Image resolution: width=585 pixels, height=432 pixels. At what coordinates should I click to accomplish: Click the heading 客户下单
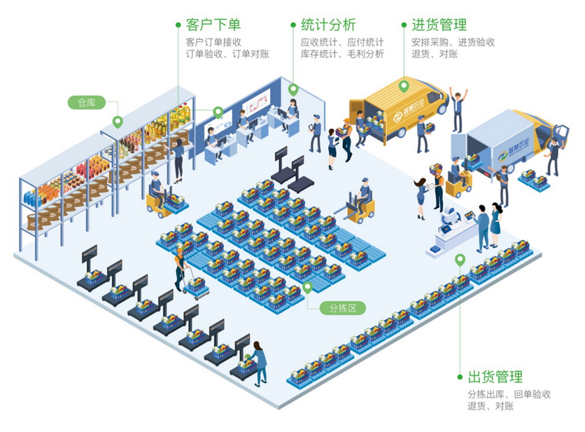coord(213,24)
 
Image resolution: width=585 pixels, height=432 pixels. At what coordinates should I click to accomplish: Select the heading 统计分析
coord(328,24)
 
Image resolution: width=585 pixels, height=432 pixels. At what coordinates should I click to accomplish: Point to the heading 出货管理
coord(495,377)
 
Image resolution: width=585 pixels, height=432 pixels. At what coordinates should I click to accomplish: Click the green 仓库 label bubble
coord(87,103)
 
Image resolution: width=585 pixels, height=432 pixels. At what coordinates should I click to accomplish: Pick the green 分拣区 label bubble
coord(342,308)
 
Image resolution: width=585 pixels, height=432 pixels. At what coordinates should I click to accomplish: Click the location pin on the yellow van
coord(404,86)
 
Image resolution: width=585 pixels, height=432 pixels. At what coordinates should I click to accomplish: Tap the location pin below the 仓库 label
coord(117,122)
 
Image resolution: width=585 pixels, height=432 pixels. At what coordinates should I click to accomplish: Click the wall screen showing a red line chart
coord(255,103)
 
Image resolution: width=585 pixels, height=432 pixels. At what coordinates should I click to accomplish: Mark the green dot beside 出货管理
coord(459,377)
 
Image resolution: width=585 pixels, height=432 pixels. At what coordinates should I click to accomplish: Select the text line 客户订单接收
coord(214,42)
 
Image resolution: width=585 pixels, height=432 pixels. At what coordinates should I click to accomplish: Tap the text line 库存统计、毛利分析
coord(342,54)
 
